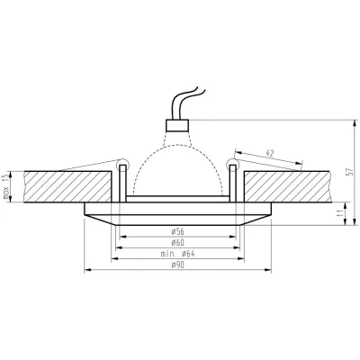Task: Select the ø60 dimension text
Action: click(x=178, y=243)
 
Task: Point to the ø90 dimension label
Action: click(x=178, y=267)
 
